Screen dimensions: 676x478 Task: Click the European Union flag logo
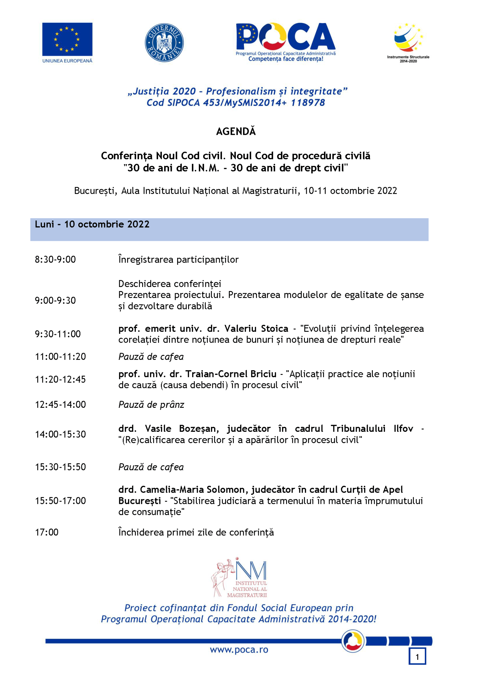pos(67,39)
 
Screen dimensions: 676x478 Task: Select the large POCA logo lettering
pos(285,37)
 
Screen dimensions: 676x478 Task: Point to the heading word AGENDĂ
pos(236,131)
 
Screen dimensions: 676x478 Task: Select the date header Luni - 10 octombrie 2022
pos(92,224)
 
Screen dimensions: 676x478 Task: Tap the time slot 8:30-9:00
pos(55,259)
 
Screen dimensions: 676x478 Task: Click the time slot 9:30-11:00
pos(58,334)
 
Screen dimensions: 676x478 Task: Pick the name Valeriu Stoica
pos(256,329)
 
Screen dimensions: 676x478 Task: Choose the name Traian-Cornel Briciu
pos(231,374)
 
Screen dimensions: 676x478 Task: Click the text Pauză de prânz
pos(151,405)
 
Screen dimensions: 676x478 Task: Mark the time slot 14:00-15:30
pos(60,434)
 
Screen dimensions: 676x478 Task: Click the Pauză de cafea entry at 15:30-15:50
pos(151,467)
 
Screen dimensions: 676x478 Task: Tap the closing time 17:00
pos(47,532)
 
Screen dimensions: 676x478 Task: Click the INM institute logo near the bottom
pos(239,579)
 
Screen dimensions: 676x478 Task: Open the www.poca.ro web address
pos(239,650)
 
